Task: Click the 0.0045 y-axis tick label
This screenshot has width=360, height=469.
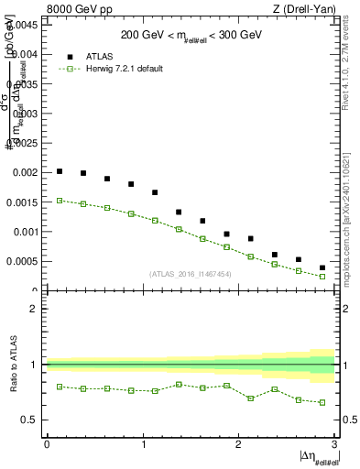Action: [24, 25]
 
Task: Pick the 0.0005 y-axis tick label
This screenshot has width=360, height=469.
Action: [24, 261]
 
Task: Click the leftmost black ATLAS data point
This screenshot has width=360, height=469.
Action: [60, 171]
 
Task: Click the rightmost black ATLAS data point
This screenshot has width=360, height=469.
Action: [322, 267]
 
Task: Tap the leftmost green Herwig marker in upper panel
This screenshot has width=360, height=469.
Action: [60, 200]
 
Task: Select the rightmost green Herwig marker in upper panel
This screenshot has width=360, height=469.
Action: [322, 276]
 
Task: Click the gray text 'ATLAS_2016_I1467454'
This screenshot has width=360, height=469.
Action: [191, 273]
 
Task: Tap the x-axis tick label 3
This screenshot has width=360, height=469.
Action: [335, 444]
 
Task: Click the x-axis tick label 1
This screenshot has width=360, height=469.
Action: [143, 444]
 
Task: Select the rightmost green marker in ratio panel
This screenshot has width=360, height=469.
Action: [322, 402]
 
